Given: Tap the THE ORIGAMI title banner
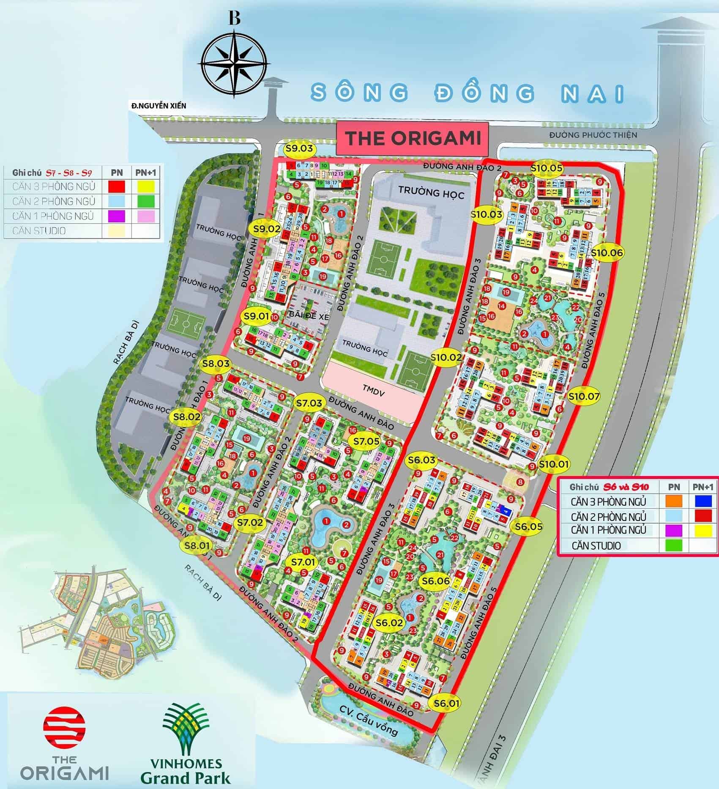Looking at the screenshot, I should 413,138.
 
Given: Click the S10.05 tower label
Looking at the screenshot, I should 547,168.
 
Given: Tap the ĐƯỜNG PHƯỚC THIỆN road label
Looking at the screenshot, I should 593,135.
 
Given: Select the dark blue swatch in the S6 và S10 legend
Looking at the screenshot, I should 703,501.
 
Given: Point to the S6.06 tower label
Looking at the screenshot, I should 435,581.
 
